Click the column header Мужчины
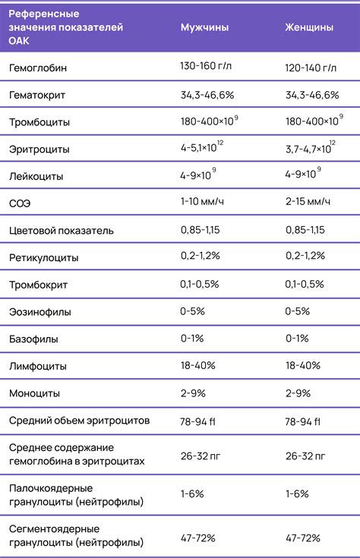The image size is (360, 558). coord(204,27)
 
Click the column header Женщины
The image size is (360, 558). coord(308,27)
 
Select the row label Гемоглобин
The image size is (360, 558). coord(38,68)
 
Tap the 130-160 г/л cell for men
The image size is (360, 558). coord(207,68)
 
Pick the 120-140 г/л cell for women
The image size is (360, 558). coord(311,68)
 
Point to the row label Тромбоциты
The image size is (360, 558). coord(39,122)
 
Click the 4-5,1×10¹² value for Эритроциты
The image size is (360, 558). coord(203,148)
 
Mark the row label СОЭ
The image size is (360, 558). coord(20,203)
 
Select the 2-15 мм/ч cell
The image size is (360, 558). coord(308,202)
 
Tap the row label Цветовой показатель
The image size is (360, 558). coord(61,230)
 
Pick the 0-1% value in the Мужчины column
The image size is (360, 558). coord(191,339)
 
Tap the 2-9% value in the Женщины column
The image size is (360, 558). coord(298,393)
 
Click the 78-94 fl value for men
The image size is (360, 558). coord(201,421)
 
